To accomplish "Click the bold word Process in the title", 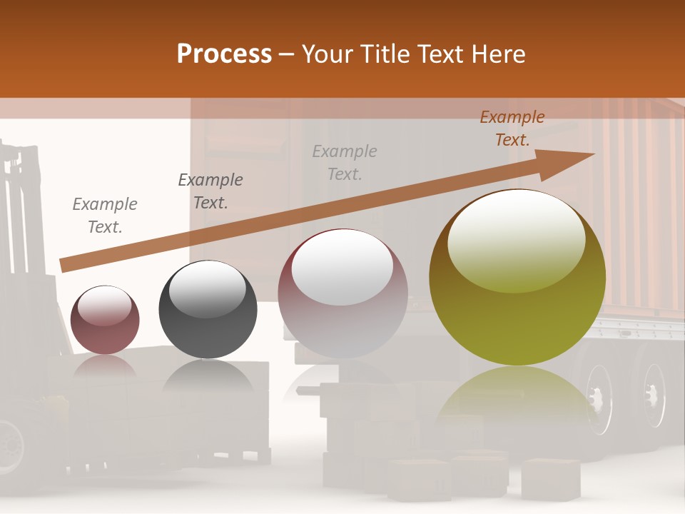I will [224, 54].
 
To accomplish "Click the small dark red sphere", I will [106, 320].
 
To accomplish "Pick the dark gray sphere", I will [208, 309].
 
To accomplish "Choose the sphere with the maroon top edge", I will [342, 293].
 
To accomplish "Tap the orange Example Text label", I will [512, 128].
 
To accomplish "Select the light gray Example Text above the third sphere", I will [345, 162].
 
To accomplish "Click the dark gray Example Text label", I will [210, 191].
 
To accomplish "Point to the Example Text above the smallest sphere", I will [105, 215].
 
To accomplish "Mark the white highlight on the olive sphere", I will [517, 239].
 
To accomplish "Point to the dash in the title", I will [287, 54].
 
